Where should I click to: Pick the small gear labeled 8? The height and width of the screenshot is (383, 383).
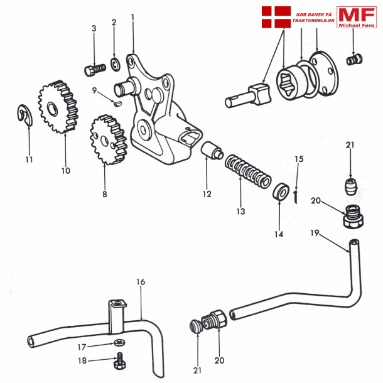point(107,139)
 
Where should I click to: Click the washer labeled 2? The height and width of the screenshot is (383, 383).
point(116,63)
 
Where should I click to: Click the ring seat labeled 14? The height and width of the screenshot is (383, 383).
point(280,191)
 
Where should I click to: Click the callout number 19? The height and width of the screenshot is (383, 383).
point(315,234)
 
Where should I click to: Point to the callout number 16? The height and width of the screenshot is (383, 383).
point(141,282)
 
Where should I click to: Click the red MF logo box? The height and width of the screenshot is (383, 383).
point(357,17)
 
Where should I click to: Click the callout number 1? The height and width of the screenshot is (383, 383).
point(132,16)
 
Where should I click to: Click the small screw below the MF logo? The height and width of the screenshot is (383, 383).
point(355,60)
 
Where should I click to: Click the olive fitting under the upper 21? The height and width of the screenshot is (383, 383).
point(351,187)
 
